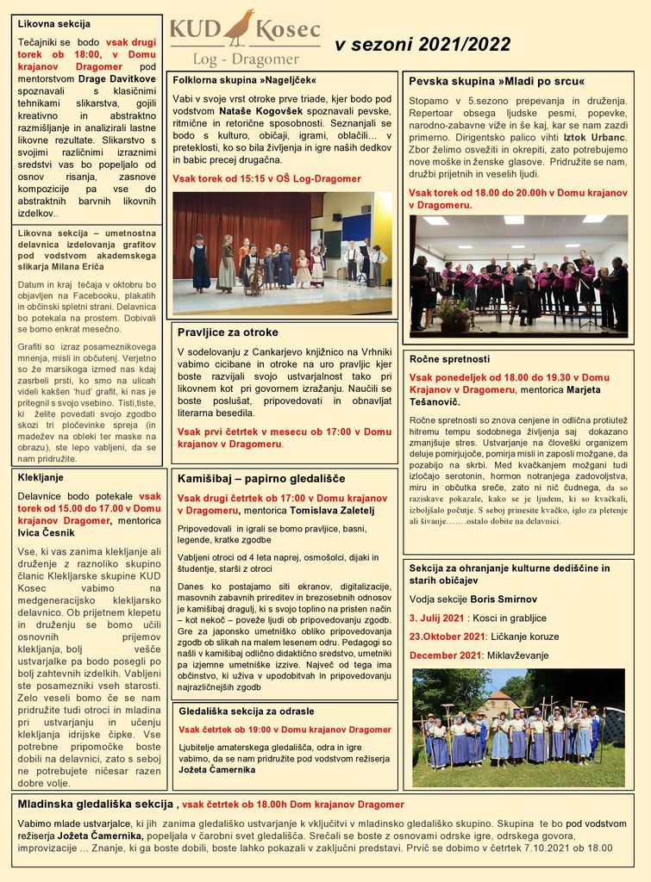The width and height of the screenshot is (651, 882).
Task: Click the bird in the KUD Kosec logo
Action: point(240,28)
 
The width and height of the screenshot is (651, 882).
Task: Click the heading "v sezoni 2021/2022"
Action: point(422,45)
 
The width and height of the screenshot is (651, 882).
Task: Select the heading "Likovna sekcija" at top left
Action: point(54,24)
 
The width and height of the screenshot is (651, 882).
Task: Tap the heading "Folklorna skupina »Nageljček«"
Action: point(239,79)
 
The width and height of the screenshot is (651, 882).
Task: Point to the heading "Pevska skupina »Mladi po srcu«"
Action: point(497,81)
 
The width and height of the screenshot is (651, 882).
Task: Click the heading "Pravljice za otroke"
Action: point(228,332)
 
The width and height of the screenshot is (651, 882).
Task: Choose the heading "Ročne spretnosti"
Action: point(449,358)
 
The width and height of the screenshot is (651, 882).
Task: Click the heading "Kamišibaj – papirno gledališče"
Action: point(261,478)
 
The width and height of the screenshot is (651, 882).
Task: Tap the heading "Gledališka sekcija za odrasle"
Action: point(246,711)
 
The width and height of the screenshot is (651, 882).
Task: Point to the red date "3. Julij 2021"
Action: point(436,618)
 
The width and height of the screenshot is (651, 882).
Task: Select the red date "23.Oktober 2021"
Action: point(447,637)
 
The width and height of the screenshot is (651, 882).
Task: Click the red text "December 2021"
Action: point(444,655)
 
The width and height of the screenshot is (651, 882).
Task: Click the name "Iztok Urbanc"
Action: point(595,137)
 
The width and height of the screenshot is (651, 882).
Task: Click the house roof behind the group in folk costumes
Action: point(501,694)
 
